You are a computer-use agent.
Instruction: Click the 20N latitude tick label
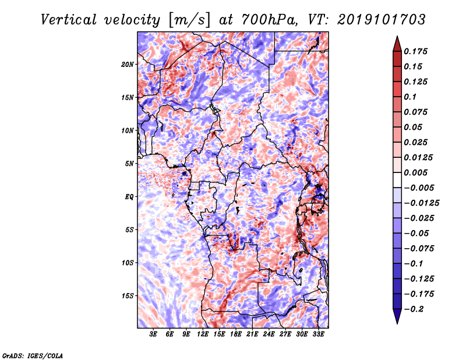128,65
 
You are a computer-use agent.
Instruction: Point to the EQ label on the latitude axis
129,197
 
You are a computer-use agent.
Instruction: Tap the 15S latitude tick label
128,296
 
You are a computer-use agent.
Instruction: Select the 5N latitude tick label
129,164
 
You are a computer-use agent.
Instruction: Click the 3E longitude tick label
153,334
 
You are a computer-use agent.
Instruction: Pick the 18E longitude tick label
236,334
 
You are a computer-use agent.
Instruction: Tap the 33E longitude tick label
318,334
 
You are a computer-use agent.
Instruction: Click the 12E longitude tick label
203,334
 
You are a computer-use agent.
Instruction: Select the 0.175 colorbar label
415,51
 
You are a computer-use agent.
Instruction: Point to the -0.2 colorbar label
414,309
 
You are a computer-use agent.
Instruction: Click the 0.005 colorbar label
415,172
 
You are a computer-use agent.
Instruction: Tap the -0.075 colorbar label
419,249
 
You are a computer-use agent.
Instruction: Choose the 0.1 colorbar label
410,97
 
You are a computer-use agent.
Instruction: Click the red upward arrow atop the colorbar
397,44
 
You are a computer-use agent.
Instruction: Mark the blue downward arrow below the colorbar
397,316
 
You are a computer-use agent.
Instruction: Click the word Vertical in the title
69,20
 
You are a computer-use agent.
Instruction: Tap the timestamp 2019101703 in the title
382,20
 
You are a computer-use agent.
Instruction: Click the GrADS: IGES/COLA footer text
33,355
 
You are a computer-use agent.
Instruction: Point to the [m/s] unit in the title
189,20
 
